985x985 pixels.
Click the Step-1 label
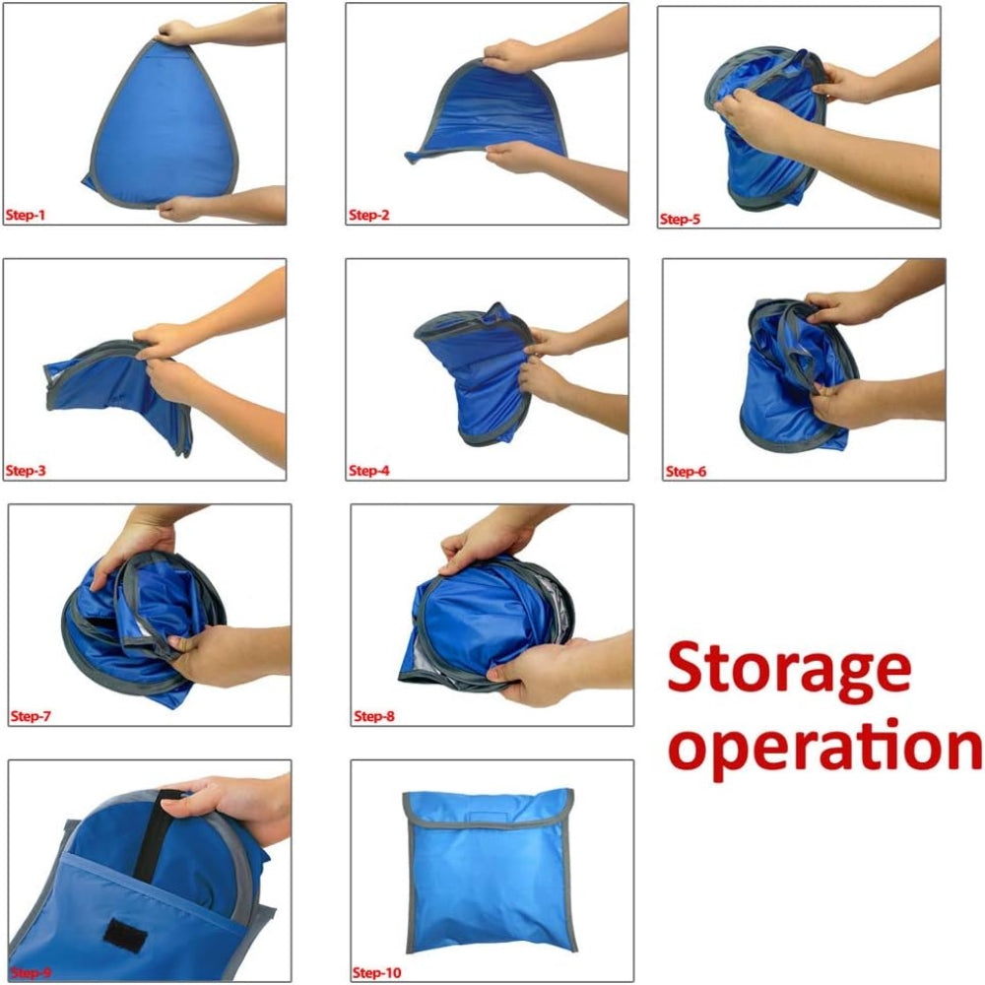(26, 215)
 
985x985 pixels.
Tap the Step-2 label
(368, 215)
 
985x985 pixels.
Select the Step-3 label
(26, 471)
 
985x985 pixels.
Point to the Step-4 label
(368, 471)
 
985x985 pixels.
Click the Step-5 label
(680, 220)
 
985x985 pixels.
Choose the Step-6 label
(686, 471)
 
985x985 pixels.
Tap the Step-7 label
(31, 716)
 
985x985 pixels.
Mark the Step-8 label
(373, 716)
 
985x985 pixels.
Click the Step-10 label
(377, 972)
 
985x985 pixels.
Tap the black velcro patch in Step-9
(126, 934)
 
